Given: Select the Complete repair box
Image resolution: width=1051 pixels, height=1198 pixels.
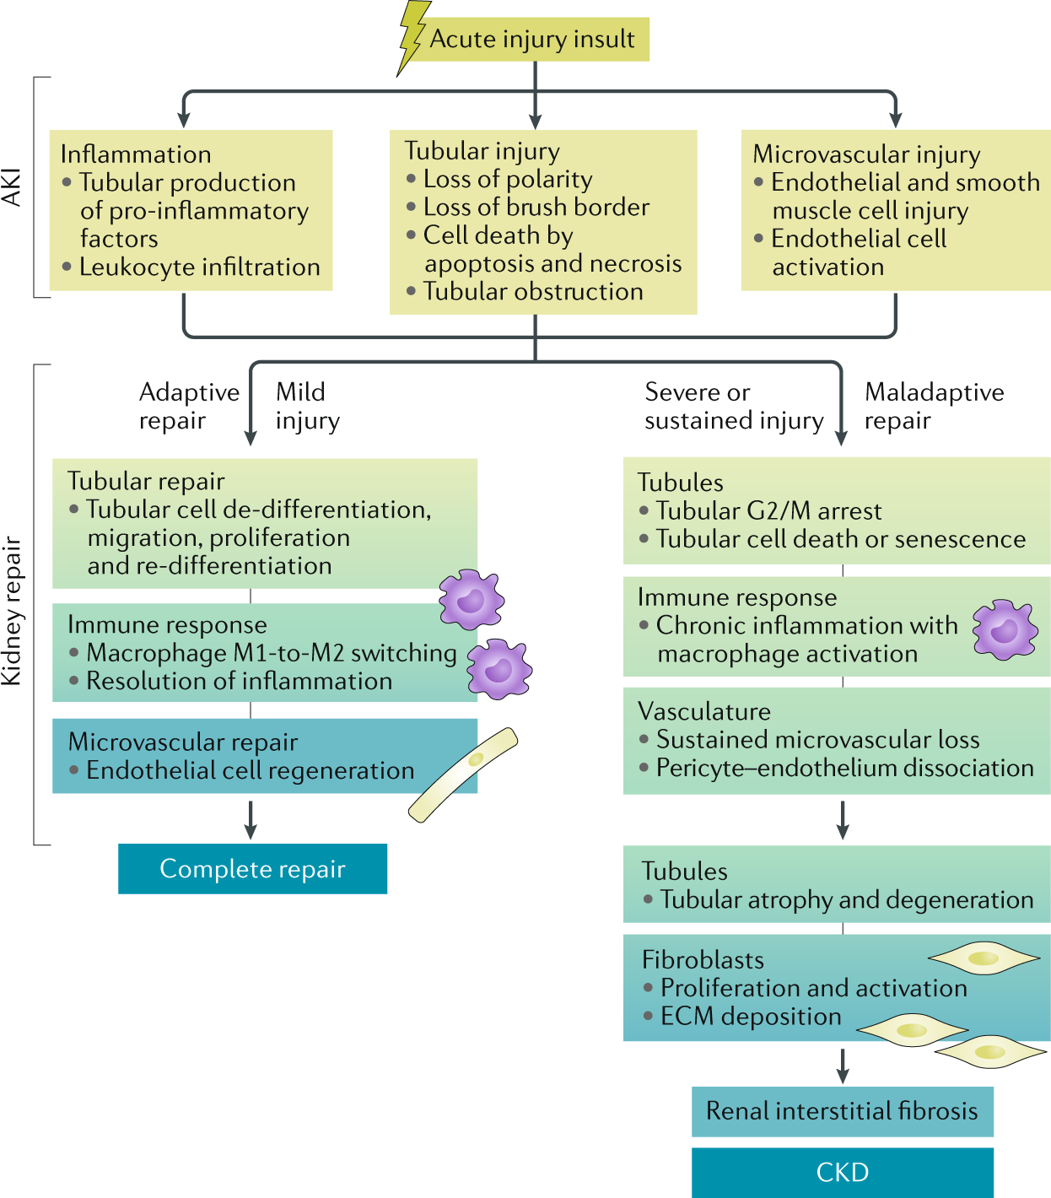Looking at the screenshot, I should pos(252,869).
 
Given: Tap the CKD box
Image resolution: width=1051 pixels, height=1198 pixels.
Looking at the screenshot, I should pos(842,1172).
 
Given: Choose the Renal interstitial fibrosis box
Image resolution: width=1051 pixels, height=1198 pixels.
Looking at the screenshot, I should pos(842,1111).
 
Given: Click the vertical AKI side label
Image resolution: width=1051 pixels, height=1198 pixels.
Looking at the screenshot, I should pos(12,187).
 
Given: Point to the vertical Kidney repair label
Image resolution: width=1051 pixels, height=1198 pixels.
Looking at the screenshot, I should pos(12,610).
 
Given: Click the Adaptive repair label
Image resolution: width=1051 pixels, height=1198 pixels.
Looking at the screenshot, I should pos(189,406).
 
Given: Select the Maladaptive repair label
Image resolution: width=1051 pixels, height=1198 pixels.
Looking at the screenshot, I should pos(934,406).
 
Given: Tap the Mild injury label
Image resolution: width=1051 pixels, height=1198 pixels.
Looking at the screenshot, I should pos(307,406).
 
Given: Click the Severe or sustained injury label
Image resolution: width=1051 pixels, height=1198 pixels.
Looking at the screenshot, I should pos(733,406).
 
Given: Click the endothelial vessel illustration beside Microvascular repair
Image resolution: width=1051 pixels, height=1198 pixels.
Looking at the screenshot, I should pos(463,774).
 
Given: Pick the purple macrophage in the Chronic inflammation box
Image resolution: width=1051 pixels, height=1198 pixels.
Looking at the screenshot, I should pos(1005,629).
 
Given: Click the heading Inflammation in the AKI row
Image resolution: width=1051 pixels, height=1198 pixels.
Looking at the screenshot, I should pos(136,154).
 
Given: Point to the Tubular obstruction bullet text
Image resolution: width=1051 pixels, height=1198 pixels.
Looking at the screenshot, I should pos(532,292).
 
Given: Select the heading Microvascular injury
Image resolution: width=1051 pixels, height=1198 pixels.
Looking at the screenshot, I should pos(866,154).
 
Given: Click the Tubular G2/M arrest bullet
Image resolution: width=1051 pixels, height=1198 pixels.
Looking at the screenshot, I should pos(768,511).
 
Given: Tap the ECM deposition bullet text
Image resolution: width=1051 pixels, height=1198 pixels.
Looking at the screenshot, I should pos(750,1017).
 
